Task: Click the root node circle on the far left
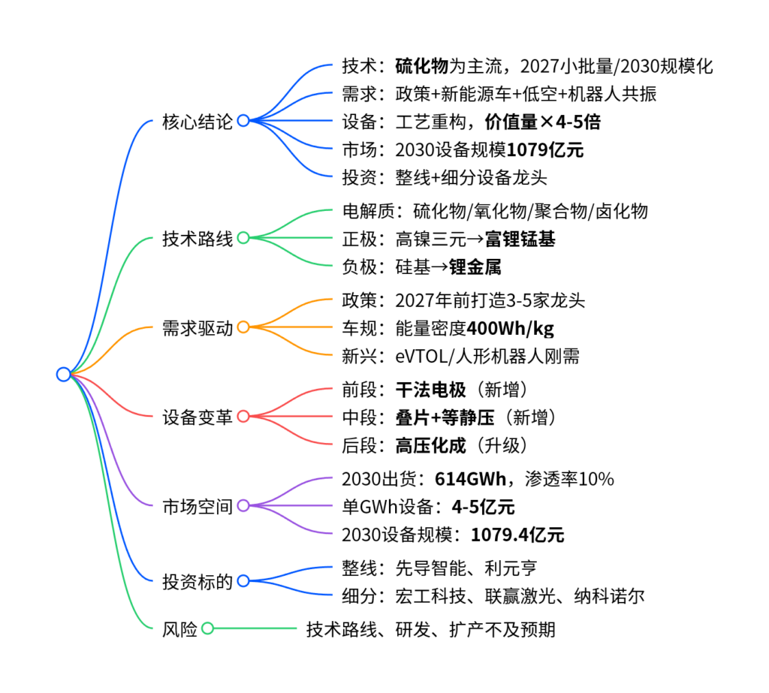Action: pyautogui.click(x=63, y=374)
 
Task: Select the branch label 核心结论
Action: pyautogui.click(x=198, y=121)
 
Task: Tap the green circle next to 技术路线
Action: pyautogui.click(x=243, y=238)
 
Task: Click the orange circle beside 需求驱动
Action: pyautogui.click(x=243, y=327)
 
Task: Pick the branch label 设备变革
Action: pyautogui.click(x=198, y=417)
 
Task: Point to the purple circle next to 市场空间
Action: pyautogui.click(x=243, y=506)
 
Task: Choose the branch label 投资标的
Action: pyautogui.click(x=198, y=581)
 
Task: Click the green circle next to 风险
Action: pyautogui.click(x=208, y=628)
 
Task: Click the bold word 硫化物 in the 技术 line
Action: pyautogui.click(x=421, y=66)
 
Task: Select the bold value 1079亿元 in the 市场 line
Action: pyautogui.click(x=545, y=149)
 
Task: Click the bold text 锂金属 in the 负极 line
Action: pyautogui.click(x=475, y=267)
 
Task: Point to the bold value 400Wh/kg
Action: pyautogui.click(x=511, y=328)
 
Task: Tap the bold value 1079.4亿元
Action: pyautogui.click(x=517, y=535)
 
